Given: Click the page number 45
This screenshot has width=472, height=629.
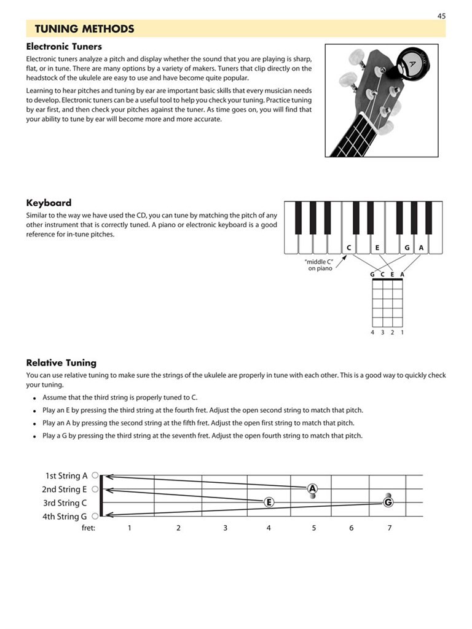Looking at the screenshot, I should coord(441,16).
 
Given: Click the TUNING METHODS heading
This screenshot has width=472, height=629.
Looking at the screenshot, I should coord(84,29).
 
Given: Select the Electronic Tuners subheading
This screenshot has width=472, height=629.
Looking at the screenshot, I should coord(64,46).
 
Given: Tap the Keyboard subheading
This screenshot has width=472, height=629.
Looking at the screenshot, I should coord(49,203).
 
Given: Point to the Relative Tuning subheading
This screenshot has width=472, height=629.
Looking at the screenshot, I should coord(61,362).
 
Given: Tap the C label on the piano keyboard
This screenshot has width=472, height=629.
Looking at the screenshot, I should coord(348,248).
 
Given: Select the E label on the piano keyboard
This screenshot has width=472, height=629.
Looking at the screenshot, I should coord(377,248).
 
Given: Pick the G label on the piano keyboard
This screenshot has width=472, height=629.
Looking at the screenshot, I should coord(407,248).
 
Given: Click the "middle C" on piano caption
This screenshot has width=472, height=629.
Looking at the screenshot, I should coord(320,265).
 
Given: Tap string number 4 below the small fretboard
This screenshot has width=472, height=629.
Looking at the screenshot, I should coord(372,332).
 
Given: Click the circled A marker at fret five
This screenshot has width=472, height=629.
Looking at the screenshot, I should coord(312,489).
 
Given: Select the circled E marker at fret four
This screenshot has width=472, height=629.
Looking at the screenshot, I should coord(269,502).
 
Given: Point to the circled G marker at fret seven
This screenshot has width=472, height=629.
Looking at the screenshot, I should coord(388,502).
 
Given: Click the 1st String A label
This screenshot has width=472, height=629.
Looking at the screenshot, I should coord(66,475).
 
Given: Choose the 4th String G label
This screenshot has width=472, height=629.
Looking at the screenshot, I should coord(65,517).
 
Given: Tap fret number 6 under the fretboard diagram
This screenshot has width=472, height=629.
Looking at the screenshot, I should coord(352,528).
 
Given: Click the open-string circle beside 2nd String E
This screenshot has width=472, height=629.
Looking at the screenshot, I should coord(95,490).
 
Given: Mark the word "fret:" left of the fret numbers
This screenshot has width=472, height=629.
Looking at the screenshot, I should coord(88,528).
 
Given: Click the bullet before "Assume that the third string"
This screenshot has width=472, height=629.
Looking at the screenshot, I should coord(35,398).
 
